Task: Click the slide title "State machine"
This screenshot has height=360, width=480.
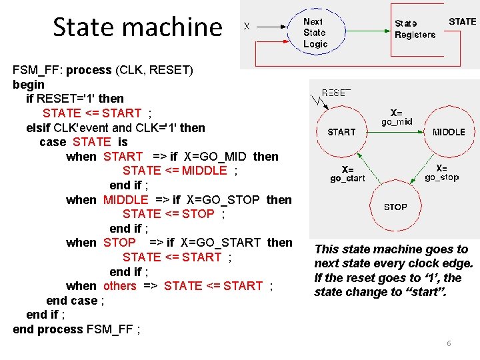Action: [137, 27]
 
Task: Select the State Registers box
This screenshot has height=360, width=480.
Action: [415, 29]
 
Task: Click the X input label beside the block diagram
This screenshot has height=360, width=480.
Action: [247, 26]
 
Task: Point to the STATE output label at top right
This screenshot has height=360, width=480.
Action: [462, 21]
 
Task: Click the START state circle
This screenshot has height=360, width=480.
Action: [341, 132]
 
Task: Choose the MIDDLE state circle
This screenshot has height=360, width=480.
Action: [449, 132]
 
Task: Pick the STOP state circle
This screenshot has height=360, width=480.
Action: [395, 207]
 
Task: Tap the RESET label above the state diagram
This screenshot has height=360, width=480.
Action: [336, 93]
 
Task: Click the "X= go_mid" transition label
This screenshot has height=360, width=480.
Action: [396, 117]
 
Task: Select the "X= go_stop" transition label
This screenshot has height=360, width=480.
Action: [441, 173]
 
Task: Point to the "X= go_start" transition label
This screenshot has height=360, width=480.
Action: [347, 174]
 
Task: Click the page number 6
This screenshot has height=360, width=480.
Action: [449, 343]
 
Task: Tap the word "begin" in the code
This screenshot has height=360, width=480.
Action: [29, 85]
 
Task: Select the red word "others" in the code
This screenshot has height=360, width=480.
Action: [120, 286]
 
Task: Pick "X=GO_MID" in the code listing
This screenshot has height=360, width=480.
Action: [215, 157]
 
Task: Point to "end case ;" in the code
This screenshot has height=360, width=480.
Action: [75, 301]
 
